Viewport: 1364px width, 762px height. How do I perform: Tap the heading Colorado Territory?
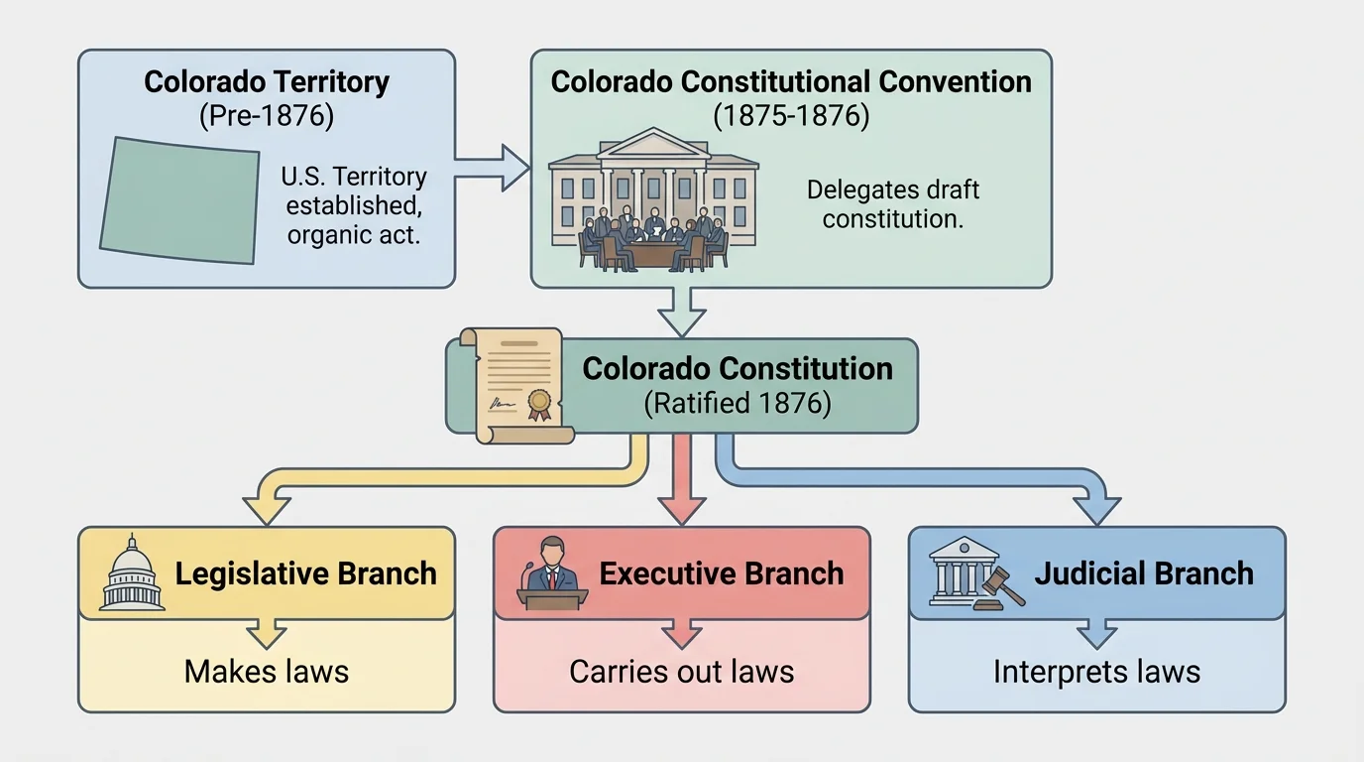267,81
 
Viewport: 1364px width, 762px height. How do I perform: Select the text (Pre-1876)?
267,115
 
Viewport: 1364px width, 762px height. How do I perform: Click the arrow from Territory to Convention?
493,166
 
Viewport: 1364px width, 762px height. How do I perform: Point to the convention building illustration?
652,198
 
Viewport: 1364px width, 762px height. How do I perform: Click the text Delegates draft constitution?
892,204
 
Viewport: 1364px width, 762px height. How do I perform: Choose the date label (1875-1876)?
791,115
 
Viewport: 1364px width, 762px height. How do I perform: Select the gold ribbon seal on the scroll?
539,402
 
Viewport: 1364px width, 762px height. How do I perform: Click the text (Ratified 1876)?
738,404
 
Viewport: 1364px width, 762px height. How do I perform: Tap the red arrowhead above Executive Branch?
682,509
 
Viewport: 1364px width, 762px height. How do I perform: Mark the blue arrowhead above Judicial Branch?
1097,509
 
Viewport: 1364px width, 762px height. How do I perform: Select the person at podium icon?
552,573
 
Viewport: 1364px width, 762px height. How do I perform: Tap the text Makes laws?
267,672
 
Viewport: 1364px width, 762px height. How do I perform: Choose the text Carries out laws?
682,672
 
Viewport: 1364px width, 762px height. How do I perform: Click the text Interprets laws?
1097,672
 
